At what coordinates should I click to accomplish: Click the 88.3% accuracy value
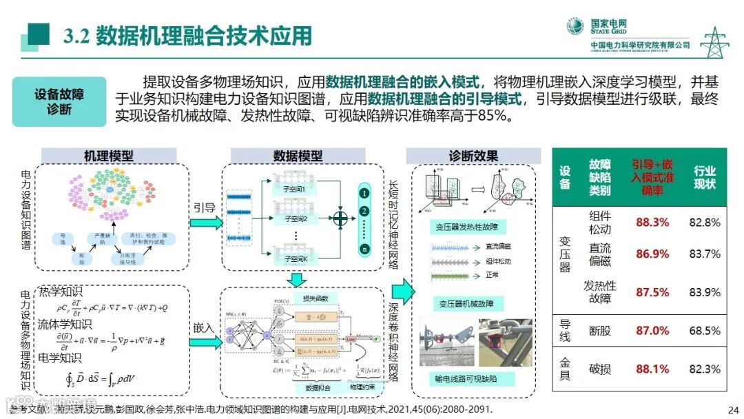(x=652, y=223)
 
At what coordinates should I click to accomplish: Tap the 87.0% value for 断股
(x=652, y=331)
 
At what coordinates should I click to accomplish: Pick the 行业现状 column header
(x=704, y=177)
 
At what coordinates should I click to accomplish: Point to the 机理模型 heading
(x=108, y=156)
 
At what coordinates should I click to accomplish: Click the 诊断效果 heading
(x=473, y=156)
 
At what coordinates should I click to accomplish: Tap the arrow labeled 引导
(x=205, y=222)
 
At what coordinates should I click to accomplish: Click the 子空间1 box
(x=289, y=187)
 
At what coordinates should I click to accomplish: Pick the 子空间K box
(x=289, y=258)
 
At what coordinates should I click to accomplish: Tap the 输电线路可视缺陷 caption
(x=466, y=378)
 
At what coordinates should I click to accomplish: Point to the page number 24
(x=732, y=408)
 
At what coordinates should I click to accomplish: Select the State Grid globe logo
(x=575, y=27)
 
